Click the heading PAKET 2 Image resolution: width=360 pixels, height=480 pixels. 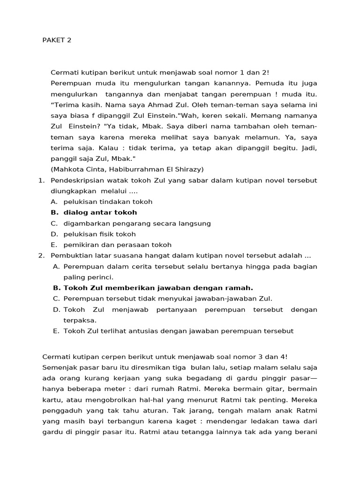[57, 40]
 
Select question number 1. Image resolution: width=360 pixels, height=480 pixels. [41, 180]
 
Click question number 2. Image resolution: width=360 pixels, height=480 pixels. [41, 255]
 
